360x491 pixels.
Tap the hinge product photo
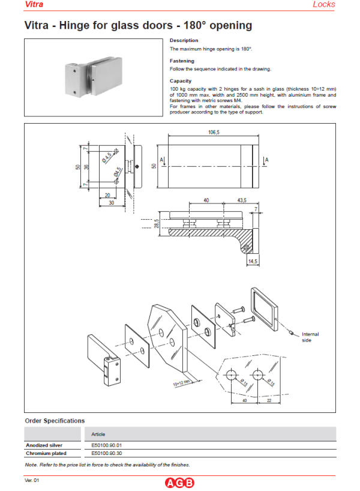(x=92, y=77)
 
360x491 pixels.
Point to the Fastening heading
(x=182, y=61)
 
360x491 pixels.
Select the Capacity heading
(x=181, y=80)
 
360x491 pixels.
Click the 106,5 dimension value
(x=207, y=132)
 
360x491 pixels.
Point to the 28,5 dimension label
(x=157, y=223)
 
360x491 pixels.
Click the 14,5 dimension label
(x=253, y=262)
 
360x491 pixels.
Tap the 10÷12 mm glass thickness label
(x=179, y=381)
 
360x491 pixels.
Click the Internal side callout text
(x=310, y=337)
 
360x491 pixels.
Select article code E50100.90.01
(x=106, y=445)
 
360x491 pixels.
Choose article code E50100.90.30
(x=106, y=454)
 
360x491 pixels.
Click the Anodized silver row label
(x=44, y=445)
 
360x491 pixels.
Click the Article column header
(x=98, y=433)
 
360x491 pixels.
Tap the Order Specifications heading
(x=55, y=421)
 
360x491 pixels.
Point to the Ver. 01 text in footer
(x=32, y=481)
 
